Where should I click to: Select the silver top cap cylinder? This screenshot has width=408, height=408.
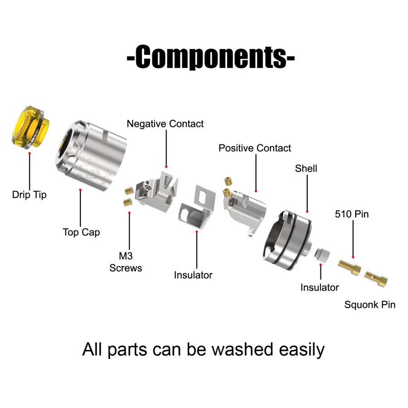click(x=91, y=155)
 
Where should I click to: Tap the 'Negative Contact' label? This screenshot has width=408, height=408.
click(x=165, y=124)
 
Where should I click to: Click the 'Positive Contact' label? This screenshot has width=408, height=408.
click(x=254, y=148)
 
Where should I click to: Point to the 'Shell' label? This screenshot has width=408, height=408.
click(x=306, y=168)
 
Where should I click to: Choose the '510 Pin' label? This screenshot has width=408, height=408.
click(x=352, y=214)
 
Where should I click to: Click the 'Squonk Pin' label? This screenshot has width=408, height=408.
click(x=370, y=305)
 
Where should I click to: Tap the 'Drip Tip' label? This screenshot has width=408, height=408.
click(x=29, y=194)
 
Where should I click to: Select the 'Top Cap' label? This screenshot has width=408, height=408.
click(x=81, y=232)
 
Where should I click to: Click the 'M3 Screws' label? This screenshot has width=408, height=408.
click(x=126, y=262)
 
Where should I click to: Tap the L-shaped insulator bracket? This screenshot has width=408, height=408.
click(x=197, y=207)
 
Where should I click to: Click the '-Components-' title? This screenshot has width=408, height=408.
click(x=211, y=57)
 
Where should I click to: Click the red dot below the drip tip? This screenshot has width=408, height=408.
click(x=29, y=154)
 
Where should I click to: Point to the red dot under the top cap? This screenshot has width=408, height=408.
click(x=80, y=190)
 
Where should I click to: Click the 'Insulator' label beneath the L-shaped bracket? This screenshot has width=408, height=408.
click(x=193, y=275)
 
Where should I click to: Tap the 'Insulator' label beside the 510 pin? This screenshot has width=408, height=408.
click(x=320, y=287)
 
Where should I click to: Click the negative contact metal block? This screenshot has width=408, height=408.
click(x=156, y=192)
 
